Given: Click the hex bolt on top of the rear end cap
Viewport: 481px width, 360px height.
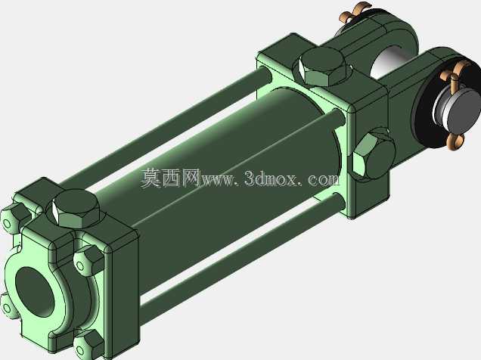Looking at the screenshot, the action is (323, 67).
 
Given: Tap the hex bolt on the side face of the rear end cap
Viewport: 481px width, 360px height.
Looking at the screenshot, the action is (373, 154).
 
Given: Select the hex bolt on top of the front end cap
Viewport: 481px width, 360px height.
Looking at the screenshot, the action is (76, 209).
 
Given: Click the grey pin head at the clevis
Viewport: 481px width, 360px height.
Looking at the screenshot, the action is (457, 112).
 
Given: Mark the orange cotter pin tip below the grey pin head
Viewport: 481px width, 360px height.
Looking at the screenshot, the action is (455, 141).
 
